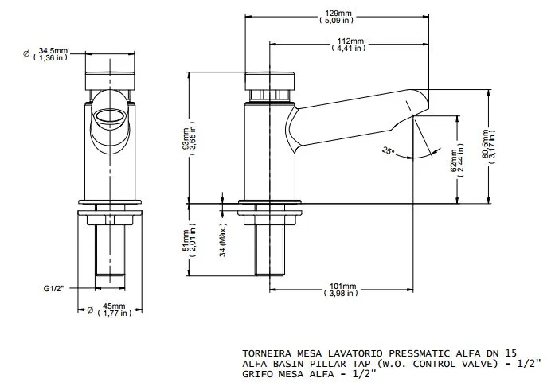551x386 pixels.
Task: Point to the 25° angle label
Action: click(x=389, y=151)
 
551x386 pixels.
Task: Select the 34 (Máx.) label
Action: click(x=223, y=240)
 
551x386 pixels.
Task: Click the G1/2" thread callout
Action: click(x=54, y=288)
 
